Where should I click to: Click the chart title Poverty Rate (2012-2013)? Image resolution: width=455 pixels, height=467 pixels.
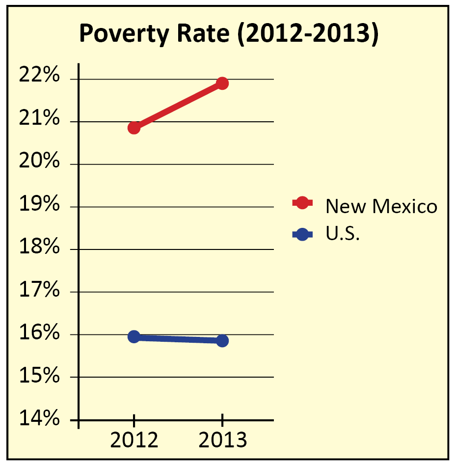click(x=229, y=35)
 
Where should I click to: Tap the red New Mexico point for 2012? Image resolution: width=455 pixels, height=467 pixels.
click(x=134, y=128)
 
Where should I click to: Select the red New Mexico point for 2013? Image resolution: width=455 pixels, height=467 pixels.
click(x=222, y=83)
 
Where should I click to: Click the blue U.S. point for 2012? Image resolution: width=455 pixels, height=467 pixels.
click(x=134, y=336)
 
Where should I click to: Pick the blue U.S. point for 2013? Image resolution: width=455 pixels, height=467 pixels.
click(x=222, y=340)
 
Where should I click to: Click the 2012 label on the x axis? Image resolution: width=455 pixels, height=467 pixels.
click(x=134, y=440)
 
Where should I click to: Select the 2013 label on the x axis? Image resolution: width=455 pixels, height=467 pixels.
click(x=222, y=440)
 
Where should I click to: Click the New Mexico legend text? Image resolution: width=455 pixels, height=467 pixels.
click(x=381, y=206)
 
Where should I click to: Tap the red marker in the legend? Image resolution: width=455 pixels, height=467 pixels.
click(x=302, y=203)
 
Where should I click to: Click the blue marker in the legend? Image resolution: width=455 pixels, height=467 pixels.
click(x=302, y=235)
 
